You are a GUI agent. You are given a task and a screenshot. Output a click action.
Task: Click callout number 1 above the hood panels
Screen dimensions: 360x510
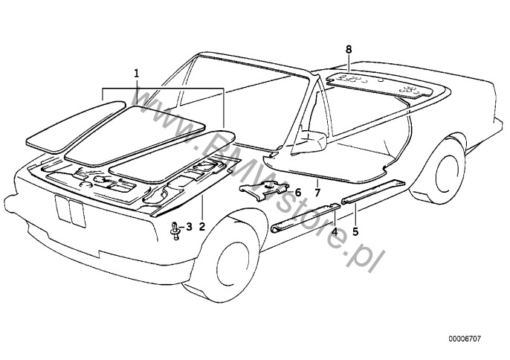(x=137, y=73)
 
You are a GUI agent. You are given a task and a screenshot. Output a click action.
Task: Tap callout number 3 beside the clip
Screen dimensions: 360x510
(x=189, y=227)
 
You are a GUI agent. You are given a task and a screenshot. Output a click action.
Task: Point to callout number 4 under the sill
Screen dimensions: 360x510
(x=335, y=232)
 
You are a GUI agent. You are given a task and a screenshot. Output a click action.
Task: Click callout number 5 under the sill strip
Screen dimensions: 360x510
(x=355, y=232)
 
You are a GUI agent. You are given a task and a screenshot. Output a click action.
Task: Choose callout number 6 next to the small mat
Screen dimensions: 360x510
(x=297, y=193)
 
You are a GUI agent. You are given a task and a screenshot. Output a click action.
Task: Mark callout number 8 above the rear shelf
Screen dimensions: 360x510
(x=348, y=49)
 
